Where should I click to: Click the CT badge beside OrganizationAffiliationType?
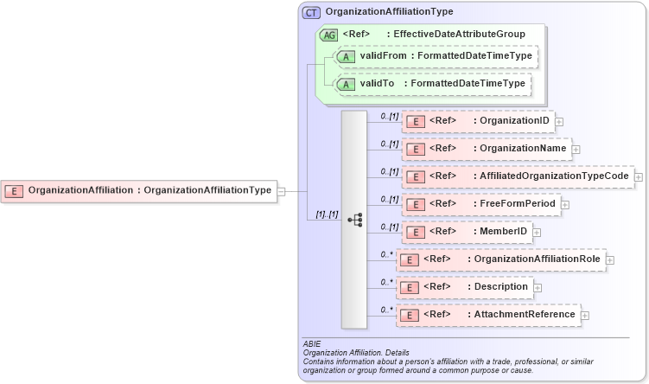[x=311, y=12]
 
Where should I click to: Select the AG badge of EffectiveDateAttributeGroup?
[x=328, y=35]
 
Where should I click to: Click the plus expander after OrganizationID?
[x=559, y=122]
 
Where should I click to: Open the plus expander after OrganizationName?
[x=576, y=150]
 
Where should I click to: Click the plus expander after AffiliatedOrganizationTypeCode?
[x=639, y=177]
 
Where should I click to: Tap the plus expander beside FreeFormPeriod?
[x=563, y=205]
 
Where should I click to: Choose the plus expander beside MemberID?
[x=537, y=233]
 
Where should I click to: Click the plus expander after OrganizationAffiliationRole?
[x=610, y=259]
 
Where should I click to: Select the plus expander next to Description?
[x=538, y=287]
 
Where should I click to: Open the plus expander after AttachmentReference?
[x=585, y=316]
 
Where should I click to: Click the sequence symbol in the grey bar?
[x=354, y=220]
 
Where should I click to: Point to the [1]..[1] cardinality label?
[x=327, y=214]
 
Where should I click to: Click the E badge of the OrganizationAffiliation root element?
[x=15, y=190]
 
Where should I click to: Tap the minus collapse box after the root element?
[x=281, y=191]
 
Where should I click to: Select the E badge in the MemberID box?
[x=417, y=232]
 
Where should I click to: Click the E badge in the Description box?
[x=410, y=287]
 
